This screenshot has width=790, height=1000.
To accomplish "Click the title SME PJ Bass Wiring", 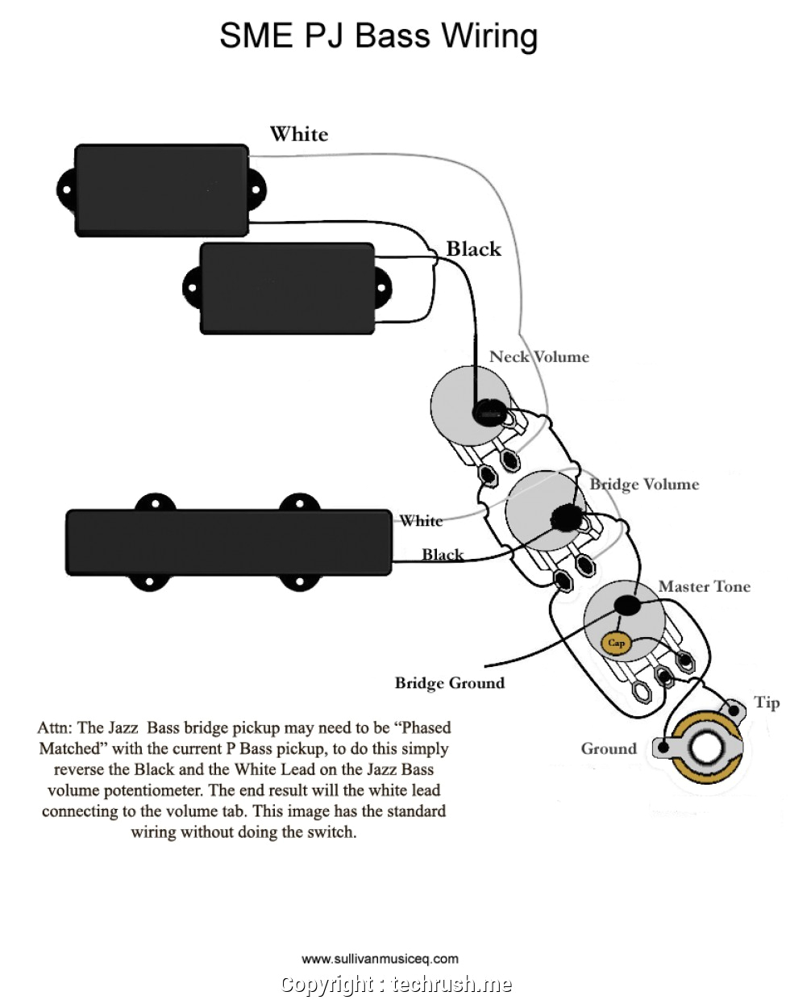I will tap(379, 36).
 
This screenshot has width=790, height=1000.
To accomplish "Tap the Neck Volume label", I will tap(538, 356).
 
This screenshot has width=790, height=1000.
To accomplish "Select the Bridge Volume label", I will tap(644, 484).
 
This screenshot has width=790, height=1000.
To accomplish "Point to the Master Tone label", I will tap(704, 586).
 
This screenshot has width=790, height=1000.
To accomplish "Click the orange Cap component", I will tap(616, 643).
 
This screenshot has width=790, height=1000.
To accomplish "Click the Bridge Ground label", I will tap(449, 683).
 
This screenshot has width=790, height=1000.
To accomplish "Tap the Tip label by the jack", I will tap(766, 702).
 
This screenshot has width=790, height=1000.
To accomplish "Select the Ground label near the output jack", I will tap(609, 748).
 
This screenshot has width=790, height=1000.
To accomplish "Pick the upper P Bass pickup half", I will tap(161, 190).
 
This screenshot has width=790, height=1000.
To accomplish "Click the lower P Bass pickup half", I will tap(287, 288).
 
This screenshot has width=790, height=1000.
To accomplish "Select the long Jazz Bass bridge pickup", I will tap(228, 542).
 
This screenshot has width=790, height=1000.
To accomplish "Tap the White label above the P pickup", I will tap(299, 134).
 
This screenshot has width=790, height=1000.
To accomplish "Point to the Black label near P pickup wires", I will tap(473, 249).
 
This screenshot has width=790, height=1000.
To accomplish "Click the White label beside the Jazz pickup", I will tap(422, 521).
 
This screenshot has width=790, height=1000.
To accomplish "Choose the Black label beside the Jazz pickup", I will tap(443, 555).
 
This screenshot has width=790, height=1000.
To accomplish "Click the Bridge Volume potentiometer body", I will tap(532, 510).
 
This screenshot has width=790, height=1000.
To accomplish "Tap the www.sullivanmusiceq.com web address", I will tap(380, 959).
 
